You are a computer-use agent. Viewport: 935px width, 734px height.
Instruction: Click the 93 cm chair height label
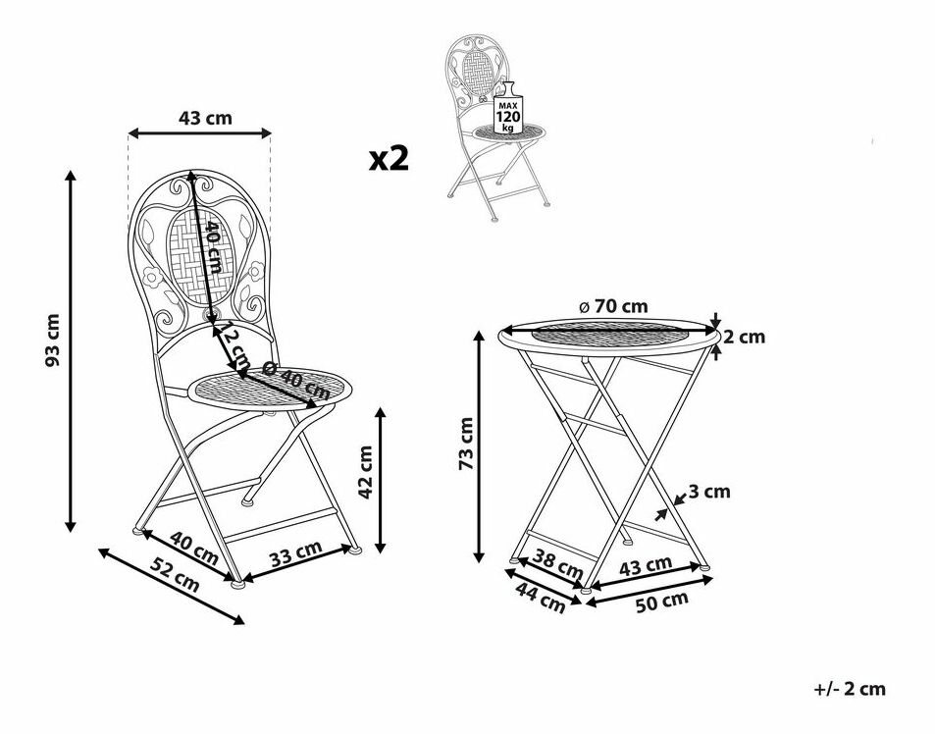point(53,341)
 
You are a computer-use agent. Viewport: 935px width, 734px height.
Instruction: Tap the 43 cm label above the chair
point(205,118)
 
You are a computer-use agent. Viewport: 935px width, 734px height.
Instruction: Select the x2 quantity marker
point(389,159)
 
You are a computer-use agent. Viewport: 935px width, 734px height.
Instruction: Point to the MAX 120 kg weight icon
point(507,116)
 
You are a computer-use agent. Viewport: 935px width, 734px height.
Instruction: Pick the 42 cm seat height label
point(366,473)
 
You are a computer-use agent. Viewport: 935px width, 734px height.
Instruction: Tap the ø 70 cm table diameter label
point(613,306)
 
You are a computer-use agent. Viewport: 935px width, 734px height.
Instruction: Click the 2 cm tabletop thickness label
point(745,338)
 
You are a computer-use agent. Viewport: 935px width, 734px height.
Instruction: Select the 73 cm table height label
point(466,444)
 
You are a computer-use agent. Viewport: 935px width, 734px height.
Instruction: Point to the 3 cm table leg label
point(709,492)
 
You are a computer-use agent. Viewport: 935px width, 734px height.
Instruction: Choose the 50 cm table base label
point(662,602)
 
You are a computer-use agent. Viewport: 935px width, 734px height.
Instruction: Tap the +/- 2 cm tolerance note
point(850,689)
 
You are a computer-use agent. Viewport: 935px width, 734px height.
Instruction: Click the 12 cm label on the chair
point(232,345)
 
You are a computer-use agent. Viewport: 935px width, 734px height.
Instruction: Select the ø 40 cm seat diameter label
point(296,380)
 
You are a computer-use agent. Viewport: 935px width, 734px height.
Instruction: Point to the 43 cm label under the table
point(646,565)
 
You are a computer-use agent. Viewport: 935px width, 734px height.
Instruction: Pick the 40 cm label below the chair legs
point(193,546)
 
